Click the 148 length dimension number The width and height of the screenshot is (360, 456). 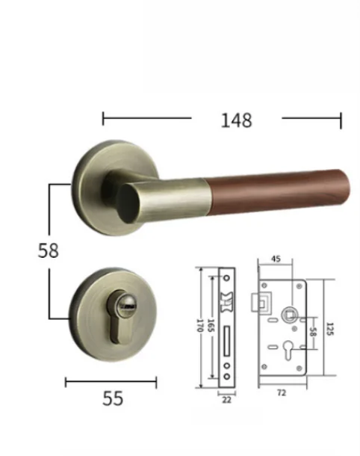tap(236, 119)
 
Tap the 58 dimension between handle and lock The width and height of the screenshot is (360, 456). tap(48, 250)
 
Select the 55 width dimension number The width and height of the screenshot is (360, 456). tap(112, 398)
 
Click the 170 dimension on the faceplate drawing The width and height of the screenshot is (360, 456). tap(199, 326)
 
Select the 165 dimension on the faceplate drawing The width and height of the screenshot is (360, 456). tap(211, 326)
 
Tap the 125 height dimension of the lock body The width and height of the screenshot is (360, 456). tap(328, 327)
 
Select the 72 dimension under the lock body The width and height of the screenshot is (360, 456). tap(282, 392)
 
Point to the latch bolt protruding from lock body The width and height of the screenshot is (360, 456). tap(264, 302)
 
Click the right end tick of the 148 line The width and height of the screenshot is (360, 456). tap(341, 119)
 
